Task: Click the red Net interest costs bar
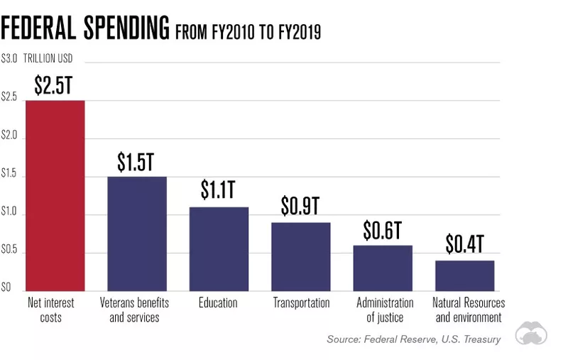pyautogui.click(x=55, y=195)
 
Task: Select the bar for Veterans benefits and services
pyautogui.click(x=136, y=234)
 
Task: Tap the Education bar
pyautogui.click(x=218, y=249)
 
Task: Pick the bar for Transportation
pyautogui.click(x=300, y=256)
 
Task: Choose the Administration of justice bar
pyautogui.click(x=383, y=268)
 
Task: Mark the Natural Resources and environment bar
pyautogui.click(x=464, y=276)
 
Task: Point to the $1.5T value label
pyautogui.click(x=136, y=162)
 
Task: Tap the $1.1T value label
pyautogui.click(x=218, y=190)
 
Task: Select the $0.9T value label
pyautogui.click(x=300, y=206)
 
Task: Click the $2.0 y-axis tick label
pyautogui.click(x=10, y=136)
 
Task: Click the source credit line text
pyautogui.click(x=413, y=339)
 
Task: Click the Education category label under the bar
pyautogui.click(x=218, y=302)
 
